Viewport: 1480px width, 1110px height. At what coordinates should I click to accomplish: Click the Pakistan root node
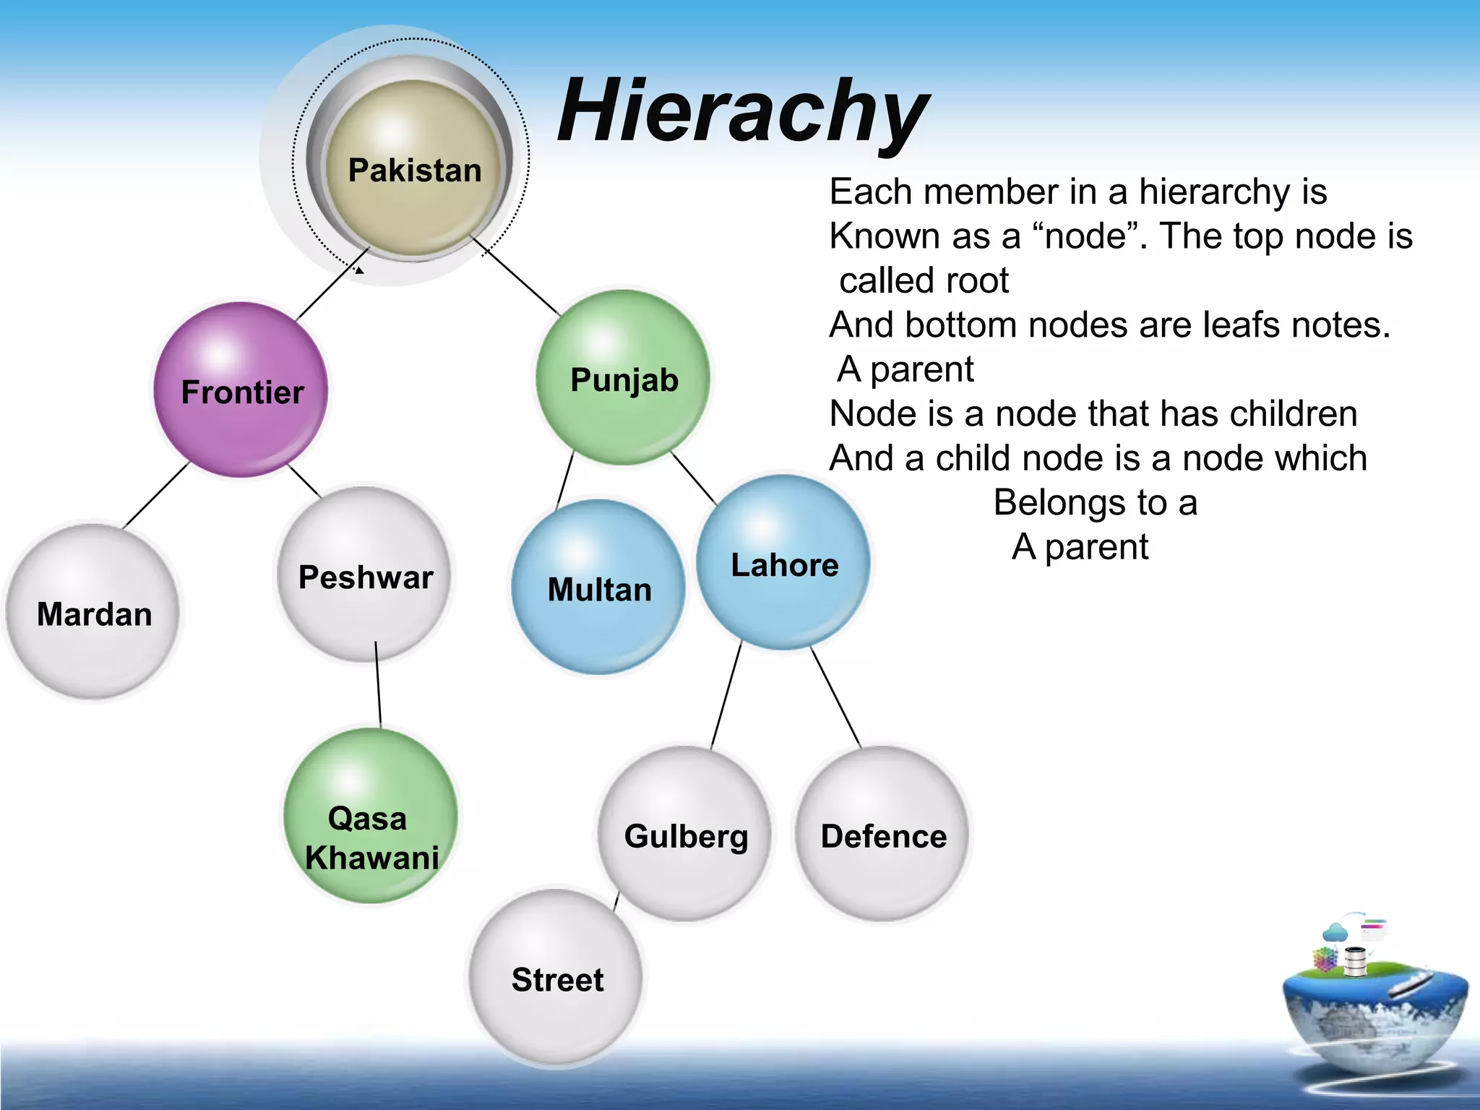click(414, 170)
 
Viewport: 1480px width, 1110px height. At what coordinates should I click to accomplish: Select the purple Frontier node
click(241, 390)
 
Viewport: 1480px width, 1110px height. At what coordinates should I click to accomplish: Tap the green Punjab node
click(624, 378)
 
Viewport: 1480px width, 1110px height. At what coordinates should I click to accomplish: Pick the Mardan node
click(93, 613)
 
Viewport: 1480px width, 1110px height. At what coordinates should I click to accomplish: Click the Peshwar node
click(365, 575)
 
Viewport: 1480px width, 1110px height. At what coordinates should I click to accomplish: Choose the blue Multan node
click(598, 588)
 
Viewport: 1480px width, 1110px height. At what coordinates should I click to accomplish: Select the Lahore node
click(784, 563)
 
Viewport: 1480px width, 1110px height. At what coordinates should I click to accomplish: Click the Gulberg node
click(685, 835)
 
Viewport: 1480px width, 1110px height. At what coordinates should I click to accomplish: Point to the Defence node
click(882, 835)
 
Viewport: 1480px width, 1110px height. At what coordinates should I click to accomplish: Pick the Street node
click(556, 978)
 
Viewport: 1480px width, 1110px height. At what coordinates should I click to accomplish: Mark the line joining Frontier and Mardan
click(156, 496)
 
